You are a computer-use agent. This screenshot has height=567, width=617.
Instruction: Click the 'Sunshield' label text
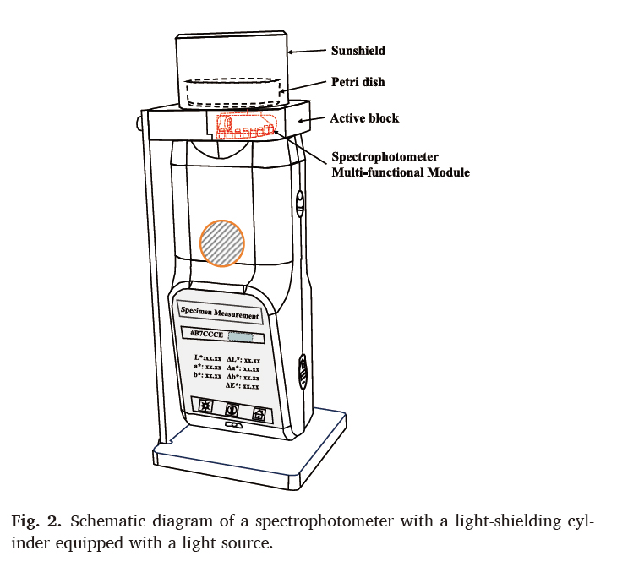(x=358, y=51)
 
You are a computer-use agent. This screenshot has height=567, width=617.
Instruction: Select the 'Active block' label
(x=364, y=118)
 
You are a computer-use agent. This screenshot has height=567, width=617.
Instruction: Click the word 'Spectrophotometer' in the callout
(x=384, y=158)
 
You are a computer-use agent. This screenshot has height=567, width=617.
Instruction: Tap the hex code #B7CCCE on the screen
(x=208, y=336)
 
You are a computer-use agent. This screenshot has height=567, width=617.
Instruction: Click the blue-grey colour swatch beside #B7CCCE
(x=241, y=337)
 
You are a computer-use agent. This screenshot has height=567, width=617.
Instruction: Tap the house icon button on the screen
(x=259, y=414)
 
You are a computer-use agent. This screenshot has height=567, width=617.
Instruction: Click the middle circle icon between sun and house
(x=232, y=411)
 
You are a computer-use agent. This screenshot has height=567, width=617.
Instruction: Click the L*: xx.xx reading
(x=207, y=358)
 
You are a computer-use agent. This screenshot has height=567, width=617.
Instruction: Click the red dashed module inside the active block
(x=245, y=127)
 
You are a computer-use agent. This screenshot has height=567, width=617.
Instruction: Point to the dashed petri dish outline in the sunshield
(x=232, y=91)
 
